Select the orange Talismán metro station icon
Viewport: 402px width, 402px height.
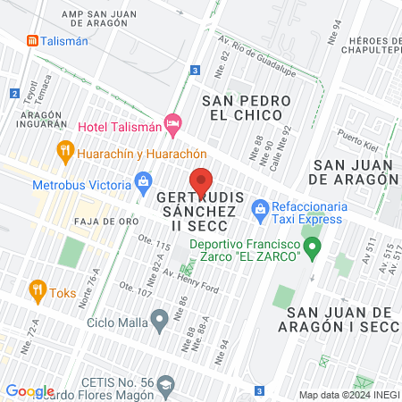click(x=32, y=40)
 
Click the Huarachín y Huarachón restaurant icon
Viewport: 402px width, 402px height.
click(x=64, y=151)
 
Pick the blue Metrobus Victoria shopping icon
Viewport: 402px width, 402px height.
click(x=143, y=185)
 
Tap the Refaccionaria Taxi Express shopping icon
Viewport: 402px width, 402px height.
click(x=260, y=212)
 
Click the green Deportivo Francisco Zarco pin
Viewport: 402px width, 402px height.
click(x=312, y=249)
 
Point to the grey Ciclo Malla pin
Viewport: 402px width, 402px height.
click(x=160, y=317)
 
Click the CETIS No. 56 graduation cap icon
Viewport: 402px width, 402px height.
click(x=165, y=383)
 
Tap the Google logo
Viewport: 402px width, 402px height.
click(x=29, y=390)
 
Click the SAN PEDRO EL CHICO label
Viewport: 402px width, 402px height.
click(x=242, y=107)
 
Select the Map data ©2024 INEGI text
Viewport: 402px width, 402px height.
click(x=348, y=395)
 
